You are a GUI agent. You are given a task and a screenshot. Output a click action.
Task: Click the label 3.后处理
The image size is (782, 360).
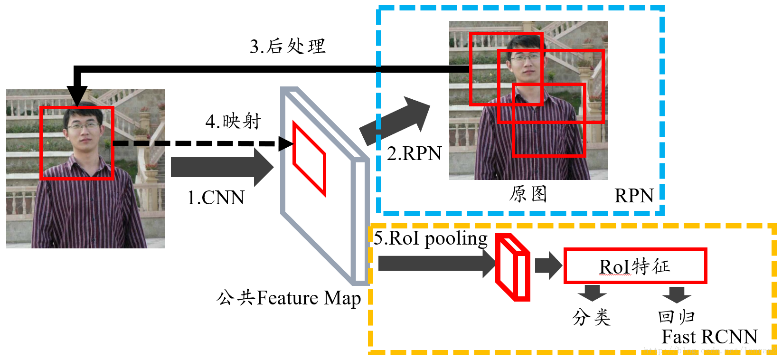point(288,47)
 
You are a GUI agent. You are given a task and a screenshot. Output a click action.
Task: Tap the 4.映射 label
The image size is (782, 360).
point(233,122)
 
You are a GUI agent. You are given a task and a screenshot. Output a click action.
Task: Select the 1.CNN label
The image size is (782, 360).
point(216,198)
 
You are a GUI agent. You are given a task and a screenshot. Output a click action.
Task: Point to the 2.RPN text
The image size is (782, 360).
point(414,153)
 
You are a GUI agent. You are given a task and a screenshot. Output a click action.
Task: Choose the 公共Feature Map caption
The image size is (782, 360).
point(289,298)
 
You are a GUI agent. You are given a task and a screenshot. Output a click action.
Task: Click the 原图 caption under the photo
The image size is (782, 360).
point(528,194)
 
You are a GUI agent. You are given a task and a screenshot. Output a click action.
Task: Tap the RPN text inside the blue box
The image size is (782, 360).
point(634,196)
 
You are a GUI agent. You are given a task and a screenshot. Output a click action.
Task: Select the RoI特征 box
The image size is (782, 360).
point(635,266)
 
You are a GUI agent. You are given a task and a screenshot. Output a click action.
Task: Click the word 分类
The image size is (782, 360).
point(591,317)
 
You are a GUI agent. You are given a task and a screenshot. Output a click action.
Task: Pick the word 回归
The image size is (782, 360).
point(677,317)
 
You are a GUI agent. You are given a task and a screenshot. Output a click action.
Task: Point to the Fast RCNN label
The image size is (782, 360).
point(709,337)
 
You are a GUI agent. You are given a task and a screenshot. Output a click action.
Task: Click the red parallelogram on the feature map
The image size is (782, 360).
point(309,159)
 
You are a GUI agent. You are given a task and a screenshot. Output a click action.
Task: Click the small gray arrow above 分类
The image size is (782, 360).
point(592,293)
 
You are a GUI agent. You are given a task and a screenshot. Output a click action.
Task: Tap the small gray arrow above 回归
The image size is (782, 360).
point(677,294)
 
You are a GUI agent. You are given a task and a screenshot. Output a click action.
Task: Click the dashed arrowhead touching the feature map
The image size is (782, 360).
point(286,143)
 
